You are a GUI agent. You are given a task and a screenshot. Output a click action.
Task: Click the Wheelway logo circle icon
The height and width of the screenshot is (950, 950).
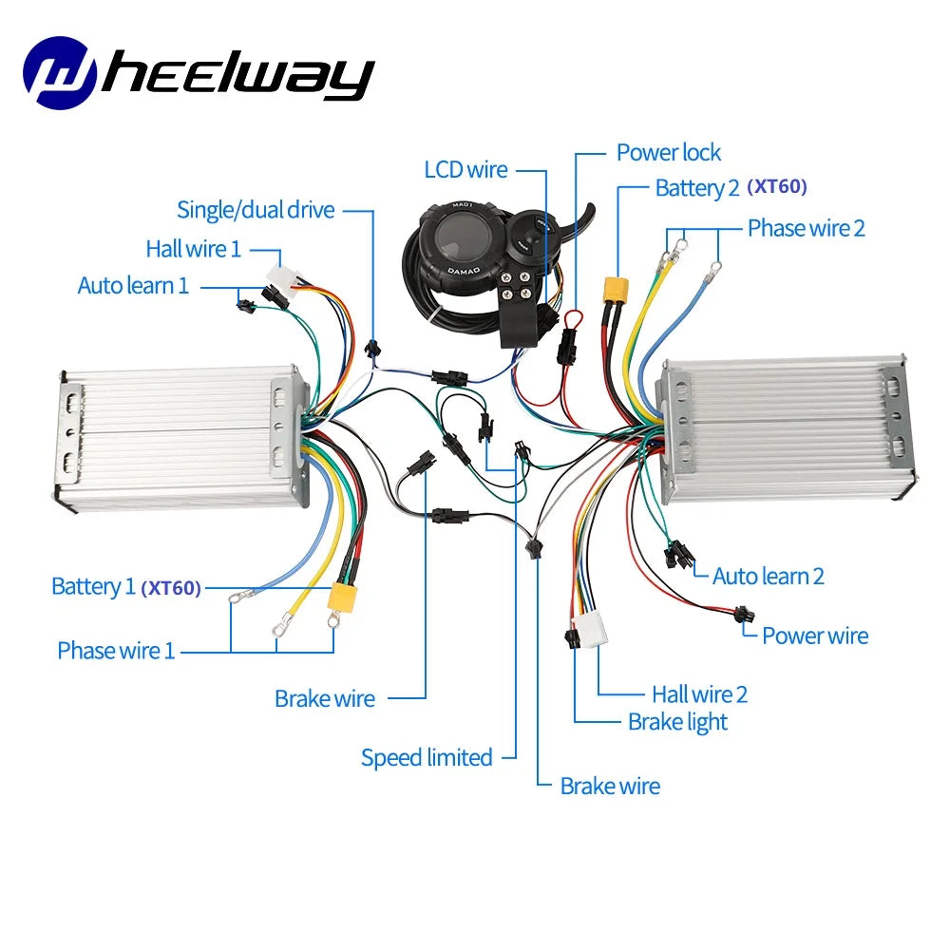pyautogui.click(x=60, y=71)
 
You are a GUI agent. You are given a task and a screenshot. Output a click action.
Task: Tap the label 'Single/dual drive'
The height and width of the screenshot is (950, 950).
pyautogui.click(x=256, y=210)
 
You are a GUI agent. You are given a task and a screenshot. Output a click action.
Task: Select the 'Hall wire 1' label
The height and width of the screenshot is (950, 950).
pyautogui.click(x=193, y=249)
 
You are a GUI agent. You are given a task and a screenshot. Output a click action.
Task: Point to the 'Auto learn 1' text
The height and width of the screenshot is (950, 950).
pyautogui.click(x=133, y=285)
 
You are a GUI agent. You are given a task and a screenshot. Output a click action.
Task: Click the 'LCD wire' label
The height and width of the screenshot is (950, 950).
pyautogui.click(x=465, y=170)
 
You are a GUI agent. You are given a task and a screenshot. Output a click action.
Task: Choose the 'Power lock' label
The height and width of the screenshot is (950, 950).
pyautogui.click(x=668, y=152)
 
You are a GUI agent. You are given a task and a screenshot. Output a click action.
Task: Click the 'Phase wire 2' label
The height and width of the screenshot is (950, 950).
pyautogui.click(x=806, y=228)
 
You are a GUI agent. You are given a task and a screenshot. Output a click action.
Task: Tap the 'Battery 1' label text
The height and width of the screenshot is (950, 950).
pyautogui.click(x=93, y=586)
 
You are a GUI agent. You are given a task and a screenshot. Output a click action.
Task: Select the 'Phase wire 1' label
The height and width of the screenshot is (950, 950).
pyautogui.click(x=116, y=651)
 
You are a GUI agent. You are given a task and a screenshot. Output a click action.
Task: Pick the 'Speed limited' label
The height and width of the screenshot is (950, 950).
pyautogui.click(x=427, y=757)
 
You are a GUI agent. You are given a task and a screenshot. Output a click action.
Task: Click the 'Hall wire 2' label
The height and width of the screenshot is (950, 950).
pyautogui.click(x=699, y=694)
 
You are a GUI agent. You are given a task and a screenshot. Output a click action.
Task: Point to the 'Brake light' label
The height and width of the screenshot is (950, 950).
pyautogui.click(x=677, y=722)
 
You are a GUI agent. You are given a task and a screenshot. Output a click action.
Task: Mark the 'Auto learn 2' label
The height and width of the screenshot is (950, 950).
pyautogui.click(x=768, y=576)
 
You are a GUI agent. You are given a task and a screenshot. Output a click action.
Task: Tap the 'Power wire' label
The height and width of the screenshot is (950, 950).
pyautogui.click(x=815, y=636)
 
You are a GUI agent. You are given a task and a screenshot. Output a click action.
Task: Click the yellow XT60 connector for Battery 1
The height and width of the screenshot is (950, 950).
pyautogui.click(x=342, y=596)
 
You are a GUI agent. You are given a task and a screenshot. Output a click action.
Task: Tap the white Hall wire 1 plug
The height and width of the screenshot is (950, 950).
pyautogui.click(x=281, y=275)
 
